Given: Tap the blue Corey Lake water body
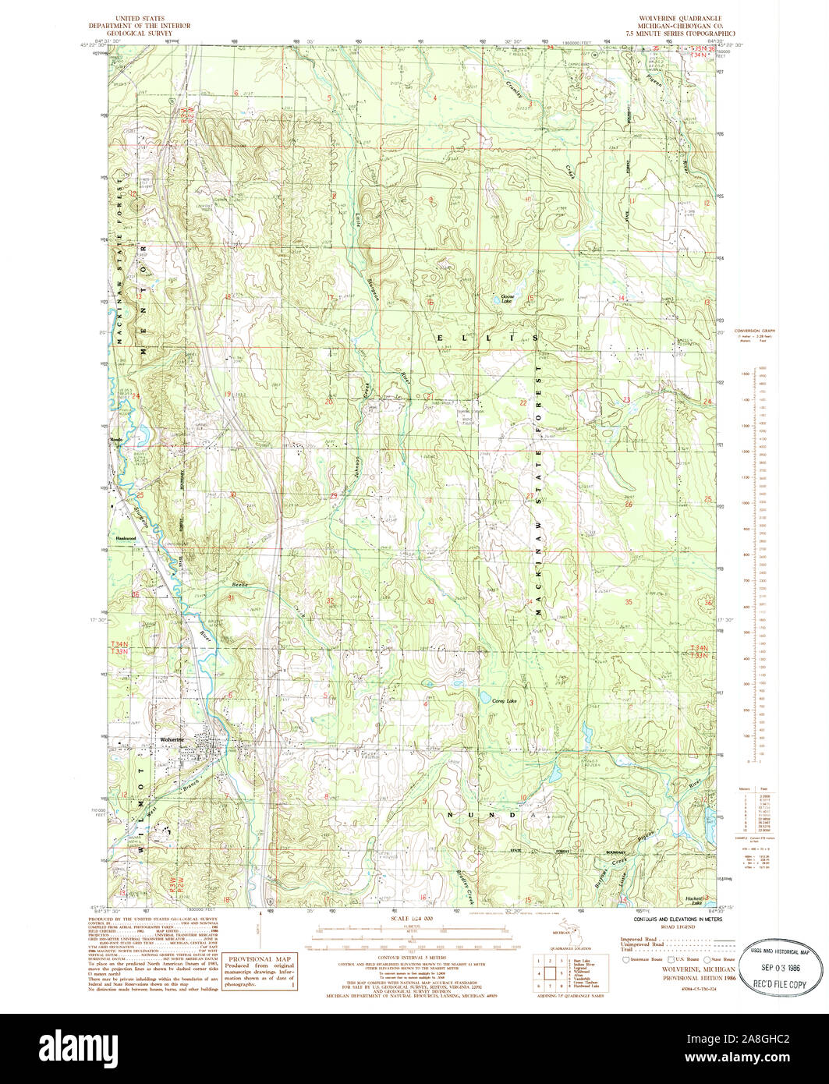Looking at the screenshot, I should pyautogui.click(x=485, y=696).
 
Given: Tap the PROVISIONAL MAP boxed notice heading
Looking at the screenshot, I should pyautogui.click(x=260, y=958).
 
